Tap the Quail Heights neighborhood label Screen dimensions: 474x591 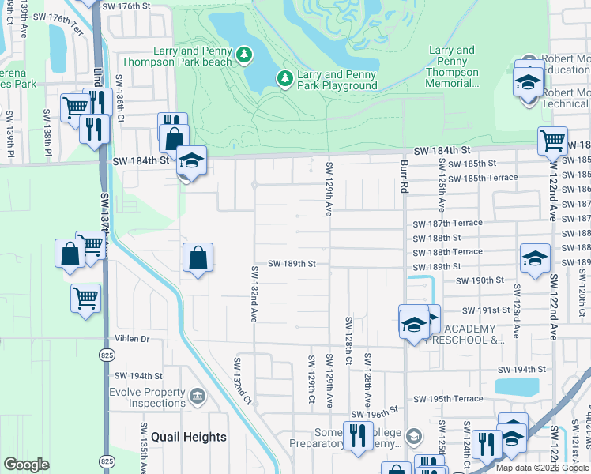pyautogui.click(x=189, y=437)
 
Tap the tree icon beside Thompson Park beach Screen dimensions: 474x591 pyautogui.click(x=245, y=54)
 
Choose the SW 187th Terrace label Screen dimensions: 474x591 pyautogui.click(x=447, y=224)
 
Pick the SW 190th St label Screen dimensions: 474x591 pyautogui.click(x=480, y=280)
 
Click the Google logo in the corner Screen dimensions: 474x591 pyautogui.click(x=26, y=465)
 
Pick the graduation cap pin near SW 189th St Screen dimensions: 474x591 pyautogui.click(x=535, y=258)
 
